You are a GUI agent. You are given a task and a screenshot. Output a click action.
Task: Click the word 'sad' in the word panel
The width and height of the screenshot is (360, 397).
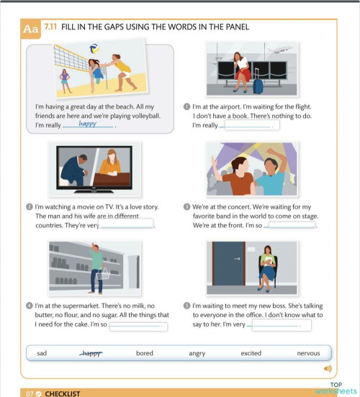click(42, 353)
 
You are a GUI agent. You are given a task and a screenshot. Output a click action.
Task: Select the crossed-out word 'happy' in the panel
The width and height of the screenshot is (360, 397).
click(91, 353)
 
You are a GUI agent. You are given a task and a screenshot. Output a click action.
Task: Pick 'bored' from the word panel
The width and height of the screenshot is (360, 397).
click(144, 353)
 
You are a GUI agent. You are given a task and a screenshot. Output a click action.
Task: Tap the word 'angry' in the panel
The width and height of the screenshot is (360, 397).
click(197, 353)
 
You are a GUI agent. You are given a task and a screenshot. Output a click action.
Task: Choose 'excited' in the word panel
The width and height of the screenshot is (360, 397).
click(251, 353)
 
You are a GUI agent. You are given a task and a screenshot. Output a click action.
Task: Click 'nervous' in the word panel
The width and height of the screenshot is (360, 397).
click(308, 353)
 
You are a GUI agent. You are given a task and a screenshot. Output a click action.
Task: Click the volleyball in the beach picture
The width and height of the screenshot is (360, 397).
click(94, 50)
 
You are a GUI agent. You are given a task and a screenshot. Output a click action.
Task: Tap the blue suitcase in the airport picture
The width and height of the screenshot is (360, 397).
click(258, 85)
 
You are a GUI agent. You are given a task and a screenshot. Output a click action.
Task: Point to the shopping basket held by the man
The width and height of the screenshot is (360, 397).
click(104, 274)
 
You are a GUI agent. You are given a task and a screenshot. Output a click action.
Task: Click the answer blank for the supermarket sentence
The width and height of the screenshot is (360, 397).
click(138, 324)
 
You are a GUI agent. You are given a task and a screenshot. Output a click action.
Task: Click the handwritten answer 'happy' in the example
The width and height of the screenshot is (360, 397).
click(88, 124)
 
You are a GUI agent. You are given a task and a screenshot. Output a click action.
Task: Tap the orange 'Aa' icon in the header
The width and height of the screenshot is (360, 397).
click(30, 29)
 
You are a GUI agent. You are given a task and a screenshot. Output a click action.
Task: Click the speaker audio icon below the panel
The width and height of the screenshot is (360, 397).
click(328, 369)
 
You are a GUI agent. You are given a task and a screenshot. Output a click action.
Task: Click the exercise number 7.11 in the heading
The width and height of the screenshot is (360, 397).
click(50, 27)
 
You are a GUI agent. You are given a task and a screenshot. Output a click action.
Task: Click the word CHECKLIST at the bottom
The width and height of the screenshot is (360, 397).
click(62, 393)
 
